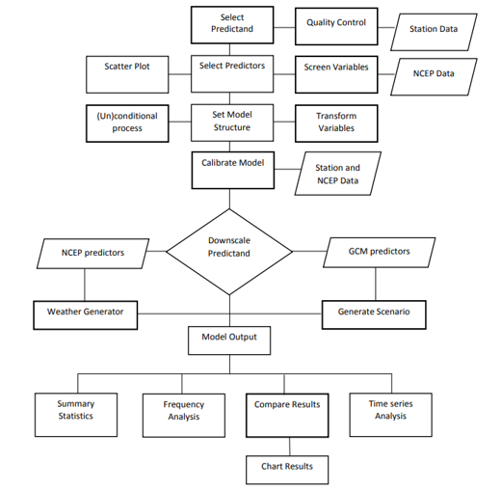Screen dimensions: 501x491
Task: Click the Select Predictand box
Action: (x=232, y=25)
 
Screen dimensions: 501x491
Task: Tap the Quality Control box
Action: (x=336, y=27)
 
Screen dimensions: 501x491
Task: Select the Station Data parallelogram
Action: (x=434, y=32)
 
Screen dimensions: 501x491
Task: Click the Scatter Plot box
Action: (x=127, y=74)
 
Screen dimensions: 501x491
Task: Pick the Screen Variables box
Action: (x=336, y=74)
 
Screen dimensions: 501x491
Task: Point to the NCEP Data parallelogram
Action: (x=434, y=77)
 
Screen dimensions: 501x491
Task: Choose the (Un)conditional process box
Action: (x=127, y=123)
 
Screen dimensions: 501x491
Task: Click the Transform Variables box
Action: (x=336, y=123)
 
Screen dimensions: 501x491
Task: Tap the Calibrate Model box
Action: (x=233, y=171)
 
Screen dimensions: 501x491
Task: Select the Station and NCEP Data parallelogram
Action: (x=338, y=174)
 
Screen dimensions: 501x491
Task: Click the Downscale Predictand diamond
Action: (x=229, y=252)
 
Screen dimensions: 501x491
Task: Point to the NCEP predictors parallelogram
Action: (x=92, y=254)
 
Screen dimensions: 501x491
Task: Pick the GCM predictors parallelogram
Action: (x=379, y=253)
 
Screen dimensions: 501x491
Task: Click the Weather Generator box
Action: (x=86, y=315)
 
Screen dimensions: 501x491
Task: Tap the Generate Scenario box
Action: (x=374, y=314)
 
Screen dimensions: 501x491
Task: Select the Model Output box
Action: (x=229, y=341)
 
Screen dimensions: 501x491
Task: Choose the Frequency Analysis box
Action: (x=184, y=416)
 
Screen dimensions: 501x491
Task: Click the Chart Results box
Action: (x=287, y=470)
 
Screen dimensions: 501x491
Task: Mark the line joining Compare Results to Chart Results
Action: (x=289, y=447)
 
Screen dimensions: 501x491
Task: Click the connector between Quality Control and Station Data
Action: (x=386, y=27)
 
